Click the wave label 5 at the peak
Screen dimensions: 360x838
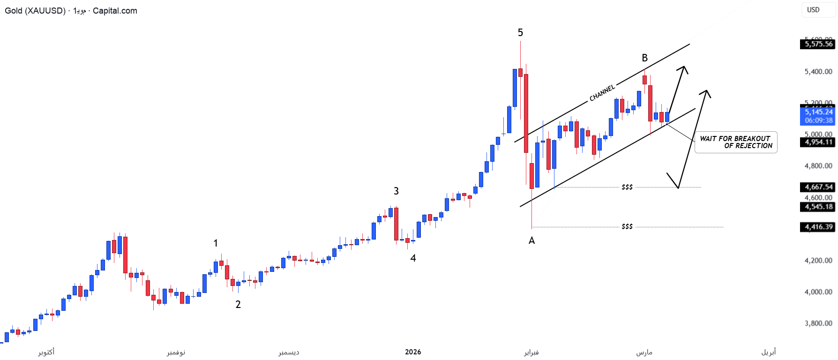pos(520,33)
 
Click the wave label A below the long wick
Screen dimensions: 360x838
pos(531,240)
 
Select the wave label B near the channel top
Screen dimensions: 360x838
pos(644,58)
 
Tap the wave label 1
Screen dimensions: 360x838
pos(216,243)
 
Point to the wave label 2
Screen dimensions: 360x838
pos(238,305)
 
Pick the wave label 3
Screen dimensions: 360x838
pos(396,191)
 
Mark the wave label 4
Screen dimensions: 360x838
pos(413,258)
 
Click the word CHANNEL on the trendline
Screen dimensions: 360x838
pos(602,93)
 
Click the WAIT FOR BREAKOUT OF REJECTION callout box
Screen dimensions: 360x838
pos(735,142)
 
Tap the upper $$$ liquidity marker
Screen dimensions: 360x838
pos(627,187)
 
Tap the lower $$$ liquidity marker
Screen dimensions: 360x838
pos(627,226)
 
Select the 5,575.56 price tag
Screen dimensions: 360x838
pos(818,44)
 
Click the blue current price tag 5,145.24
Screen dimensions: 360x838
pos(818,112)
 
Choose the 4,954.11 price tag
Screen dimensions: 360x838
pos(818,142)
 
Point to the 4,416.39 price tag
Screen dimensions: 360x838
pos(818,227)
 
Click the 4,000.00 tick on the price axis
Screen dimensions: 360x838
pos(818,292)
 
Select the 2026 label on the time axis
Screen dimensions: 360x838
pos(413,352)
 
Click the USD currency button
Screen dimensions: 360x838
pos(813,10)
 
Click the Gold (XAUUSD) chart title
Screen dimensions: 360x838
pos(35,11)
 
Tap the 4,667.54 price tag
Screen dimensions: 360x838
pos(818,187)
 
